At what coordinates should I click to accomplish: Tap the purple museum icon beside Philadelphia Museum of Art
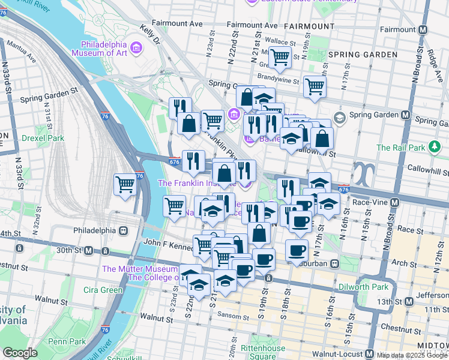click(x=137, y=47)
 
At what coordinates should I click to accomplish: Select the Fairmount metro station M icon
click(x=423, y=29)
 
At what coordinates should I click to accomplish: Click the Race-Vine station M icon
click(x=394, y=203)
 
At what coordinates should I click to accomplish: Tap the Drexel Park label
click(x=43, y=138)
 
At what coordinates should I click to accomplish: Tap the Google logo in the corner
click(x=20, y=353)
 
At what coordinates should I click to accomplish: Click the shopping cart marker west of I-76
click(x=125, y=184)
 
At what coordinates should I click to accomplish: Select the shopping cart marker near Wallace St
click(x=279, y=58)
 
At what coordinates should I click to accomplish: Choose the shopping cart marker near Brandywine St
click(x=314, y=86)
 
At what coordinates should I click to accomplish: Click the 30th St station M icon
click(x=88, y=250)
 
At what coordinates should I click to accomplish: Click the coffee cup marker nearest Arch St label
click(x=296, y=250)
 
